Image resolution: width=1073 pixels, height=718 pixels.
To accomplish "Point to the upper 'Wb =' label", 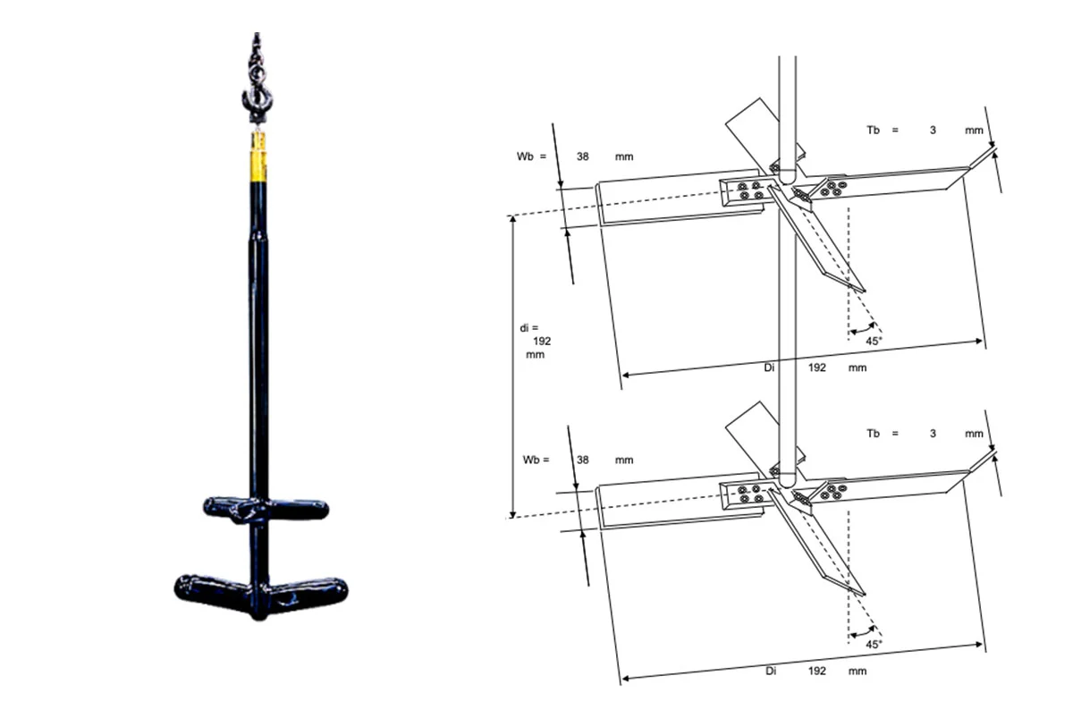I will click(x=530, y=156).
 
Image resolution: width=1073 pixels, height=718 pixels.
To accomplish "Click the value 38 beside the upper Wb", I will click(x=582, y=156).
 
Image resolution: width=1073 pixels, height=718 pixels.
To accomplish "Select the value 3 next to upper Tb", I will click(x=933, y=131).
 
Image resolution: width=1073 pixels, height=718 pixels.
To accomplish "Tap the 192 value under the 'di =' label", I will click(x=541, y=341).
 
